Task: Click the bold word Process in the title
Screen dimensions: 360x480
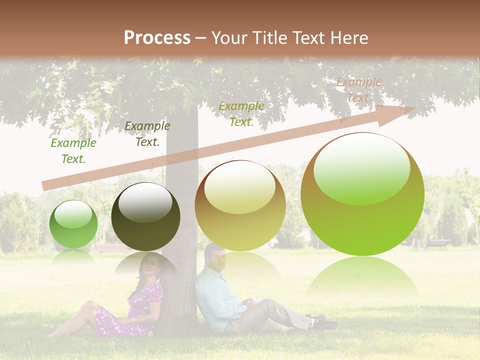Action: click(157, 38)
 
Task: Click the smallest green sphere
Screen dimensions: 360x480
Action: click(73, 224)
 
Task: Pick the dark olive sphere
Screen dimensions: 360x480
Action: click(145, 217)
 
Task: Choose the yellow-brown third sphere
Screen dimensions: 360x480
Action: click(240, 206)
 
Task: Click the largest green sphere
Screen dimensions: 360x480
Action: click(362, 194)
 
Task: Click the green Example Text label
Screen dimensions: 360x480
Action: click(73, 151)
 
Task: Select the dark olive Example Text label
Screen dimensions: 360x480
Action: click(147, 134)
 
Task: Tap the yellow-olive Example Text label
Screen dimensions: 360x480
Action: click(241, 114)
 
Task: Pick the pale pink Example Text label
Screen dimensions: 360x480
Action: click(359, 90)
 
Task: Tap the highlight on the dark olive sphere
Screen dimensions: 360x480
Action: click(145, 202)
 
